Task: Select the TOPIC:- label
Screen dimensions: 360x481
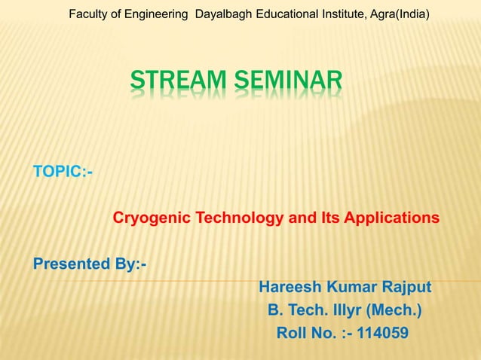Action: (63, 172)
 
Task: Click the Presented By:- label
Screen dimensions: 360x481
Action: (90, 264)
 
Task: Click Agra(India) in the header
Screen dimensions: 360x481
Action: (400, 13)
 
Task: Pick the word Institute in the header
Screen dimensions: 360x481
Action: (342, 13)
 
